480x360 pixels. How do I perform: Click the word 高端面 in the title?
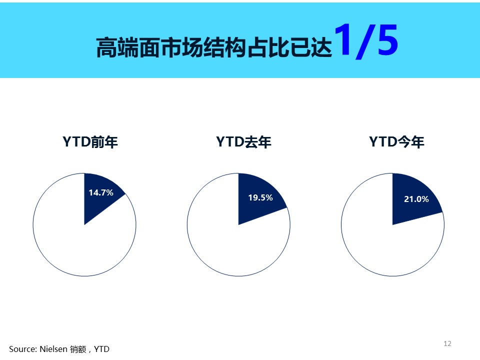point(128,47)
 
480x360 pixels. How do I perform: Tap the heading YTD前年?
point(90,141)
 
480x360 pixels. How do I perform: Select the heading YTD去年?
point(243,141)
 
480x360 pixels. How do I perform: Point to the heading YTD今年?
point(396,141)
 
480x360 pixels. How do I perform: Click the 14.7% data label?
point(101,192)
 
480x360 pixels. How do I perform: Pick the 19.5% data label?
point(260,197)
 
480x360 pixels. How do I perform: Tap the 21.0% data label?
point(416,199)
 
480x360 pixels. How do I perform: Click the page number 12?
point(447,343)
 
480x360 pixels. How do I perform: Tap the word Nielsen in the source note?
point(53,349)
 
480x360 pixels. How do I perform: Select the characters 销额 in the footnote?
point(78,349)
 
